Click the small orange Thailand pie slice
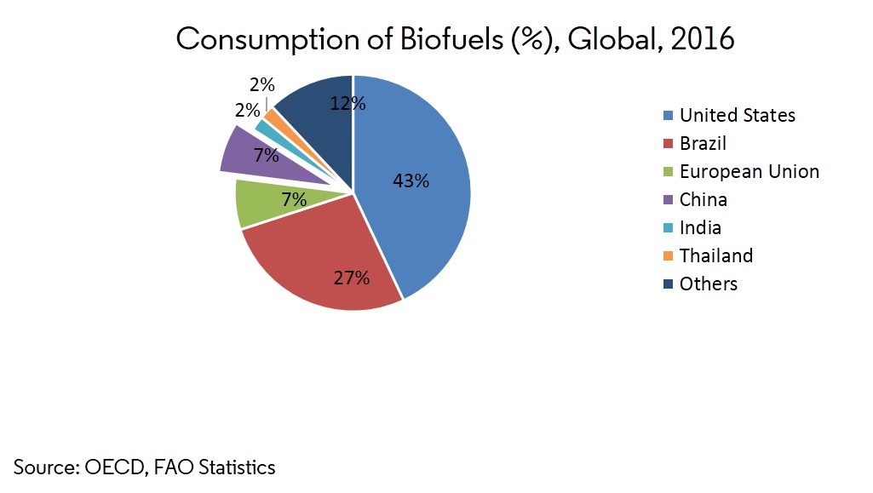coord(271,114)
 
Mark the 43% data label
coord(411,181)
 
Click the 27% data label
coord(351,278)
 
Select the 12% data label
coord(347,105)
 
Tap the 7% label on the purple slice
coord(266,155)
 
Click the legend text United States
coord(737,116)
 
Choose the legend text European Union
coord(749,172)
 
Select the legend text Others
coord(708,284)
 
